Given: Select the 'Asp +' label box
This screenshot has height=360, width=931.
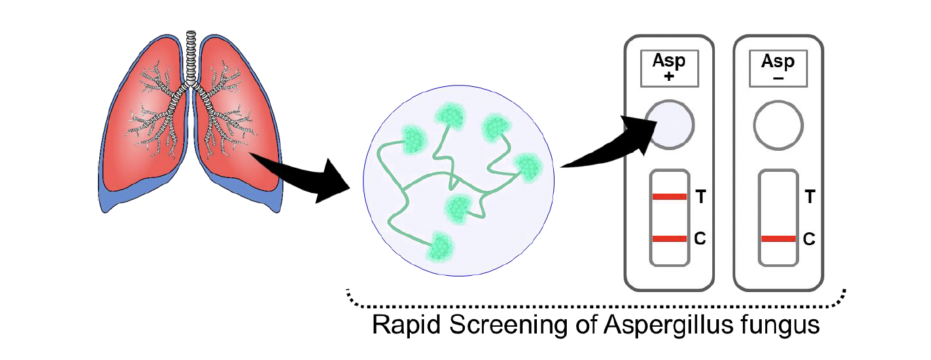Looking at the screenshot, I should [669, 68].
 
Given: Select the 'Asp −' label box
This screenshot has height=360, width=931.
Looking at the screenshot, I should [778, 68].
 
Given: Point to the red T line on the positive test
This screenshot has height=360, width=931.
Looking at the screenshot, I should [670, 197].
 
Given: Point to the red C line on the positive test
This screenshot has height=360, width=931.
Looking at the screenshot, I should [670, 238].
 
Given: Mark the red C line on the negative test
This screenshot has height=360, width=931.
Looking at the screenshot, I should [778, 238].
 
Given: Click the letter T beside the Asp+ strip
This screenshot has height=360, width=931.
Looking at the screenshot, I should [701, 198].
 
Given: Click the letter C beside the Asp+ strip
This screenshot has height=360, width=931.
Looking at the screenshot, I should [701, 238].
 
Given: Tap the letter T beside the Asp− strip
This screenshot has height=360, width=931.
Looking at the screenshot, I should [809, 198].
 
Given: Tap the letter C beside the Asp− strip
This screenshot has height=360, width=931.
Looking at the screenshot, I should [809, 238].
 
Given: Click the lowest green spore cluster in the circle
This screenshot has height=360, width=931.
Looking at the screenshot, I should [440, 247].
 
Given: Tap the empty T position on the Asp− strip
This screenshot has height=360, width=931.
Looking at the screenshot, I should [778, 197].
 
